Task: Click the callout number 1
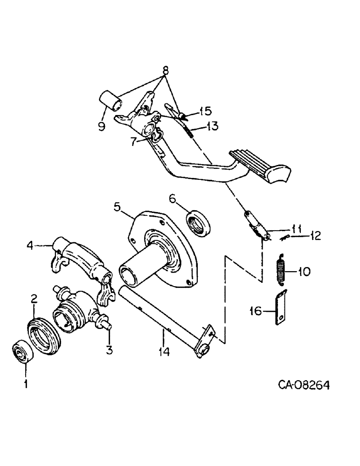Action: point(26,384)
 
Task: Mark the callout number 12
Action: point(317,237)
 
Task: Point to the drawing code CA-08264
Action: point(305,384)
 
